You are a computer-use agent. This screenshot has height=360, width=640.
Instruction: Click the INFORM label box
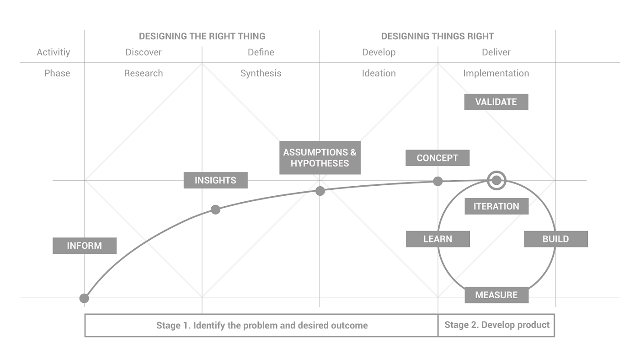(x=85, y=246)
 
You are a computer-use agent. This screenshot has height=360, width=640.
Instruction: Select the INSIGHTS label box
(x=215, y=180)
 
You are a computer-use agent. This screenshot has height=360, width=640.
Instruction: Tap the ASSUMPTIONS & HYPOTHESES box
(x=320, y=158)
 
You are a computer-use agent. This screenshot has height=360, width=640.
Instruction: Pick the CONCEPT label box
(x=437, y=158)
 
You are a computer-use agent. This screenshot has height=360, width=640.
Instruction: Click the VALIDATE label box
(x=496, y=102)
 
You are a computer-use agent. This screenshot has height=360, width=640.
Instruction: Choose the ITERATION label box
(x=496, y=206)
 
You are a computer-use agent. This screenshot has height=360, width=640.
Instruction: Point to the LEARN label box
(x=437, y=239)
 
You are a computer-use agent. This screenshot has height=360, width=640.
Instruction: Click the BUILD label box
(x=555, y=239)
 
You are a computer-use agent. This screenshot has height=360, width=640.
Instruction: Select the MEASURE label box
(x=496, y=295)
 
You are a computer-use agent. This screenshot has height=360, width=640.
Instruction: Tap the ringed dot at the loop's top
(x=496, y=180)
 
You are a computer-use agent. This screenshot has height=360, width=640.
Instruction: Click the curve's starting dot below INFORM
(x=84, y=298)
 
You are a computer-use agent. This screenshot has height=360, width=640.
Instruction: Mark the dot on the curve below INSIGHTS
(x=215, y=210)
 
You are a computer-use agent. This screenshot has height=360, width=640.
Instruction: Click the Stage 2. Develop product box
(x=496, y=325)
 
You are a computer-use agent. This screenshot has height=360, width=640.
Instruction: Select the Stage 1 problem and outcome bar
(x=261, y=326)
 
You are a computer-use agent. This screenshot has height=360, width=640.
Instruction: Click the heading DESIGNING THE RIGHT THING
(x=202, y=36)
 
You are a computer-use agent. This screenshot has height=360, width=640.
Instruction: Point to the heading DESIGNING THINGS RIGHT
(x=437, y=36)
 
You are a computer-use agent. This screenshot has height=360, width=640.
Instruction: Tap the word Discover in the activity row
(x=144, y=52)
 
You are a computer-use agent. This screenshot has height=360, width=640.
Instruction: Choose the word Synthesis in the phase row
(x=261, y=73)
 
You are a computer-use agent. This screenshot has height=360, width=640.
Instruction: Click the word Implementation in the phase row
(x=496, y=73)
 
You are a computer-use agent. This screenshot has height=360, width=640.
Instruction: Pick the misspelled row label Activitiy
(x=53, y=52)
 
